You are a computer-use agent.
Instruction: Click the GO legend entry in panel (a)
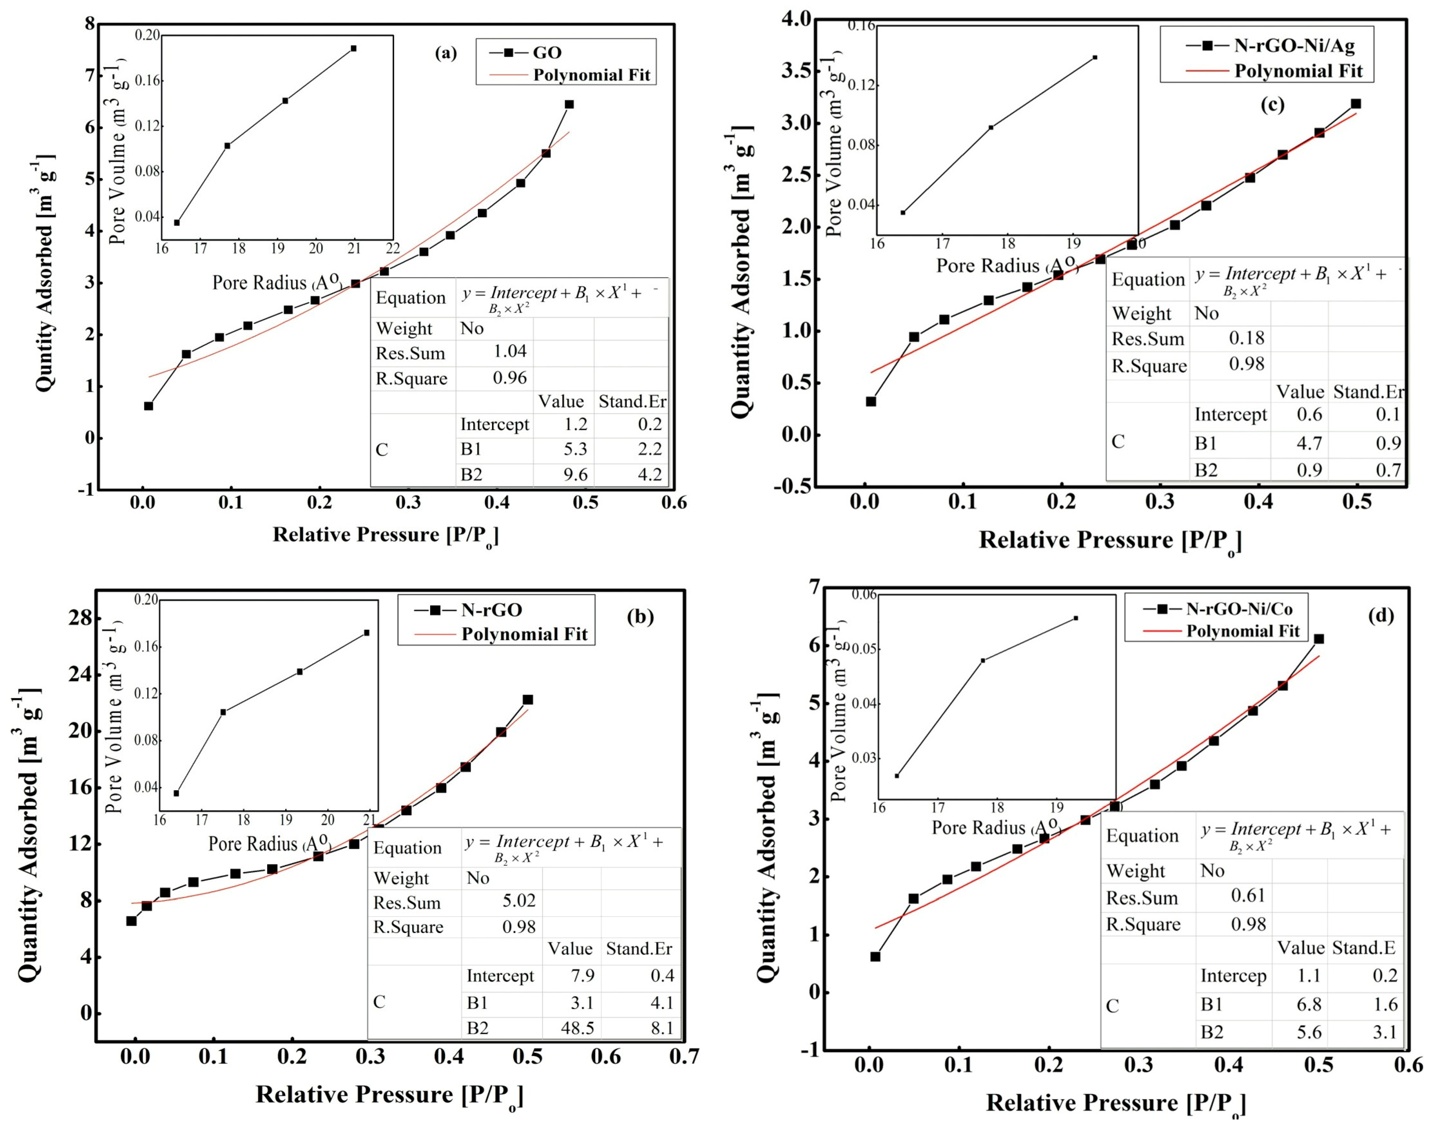[547, 53]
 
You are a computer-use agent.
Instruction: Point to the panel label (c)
[1272, 105]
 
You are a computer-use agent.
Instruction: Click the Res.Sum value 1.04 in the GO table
[510, 351]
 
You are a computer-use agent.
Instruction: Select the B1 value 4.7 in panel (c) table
[1309, 443]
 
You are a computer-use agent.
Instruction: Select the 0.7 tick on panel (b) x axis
[684, 1057]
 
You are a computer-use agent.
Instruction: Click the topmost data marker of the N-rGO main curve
[527, 699]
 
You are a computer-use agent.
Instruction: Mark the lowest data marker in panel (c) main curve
[871, 401]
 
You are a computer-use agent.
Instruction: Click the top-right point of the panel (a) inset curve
[354, 48]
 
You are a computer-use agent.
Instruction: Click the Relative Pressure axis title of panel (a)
[385, 535]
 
